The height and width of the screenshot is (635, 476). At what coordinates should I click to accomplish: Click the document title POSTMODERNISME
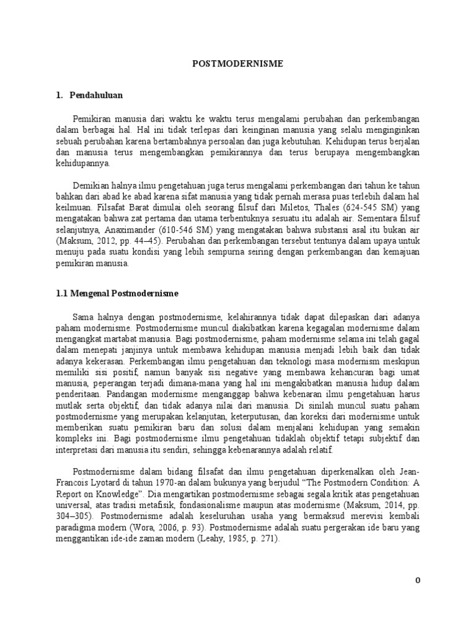tap(237, 64)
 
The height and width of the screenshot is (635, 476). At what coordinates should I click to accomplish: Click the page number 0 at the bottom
tap(418, 580)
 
